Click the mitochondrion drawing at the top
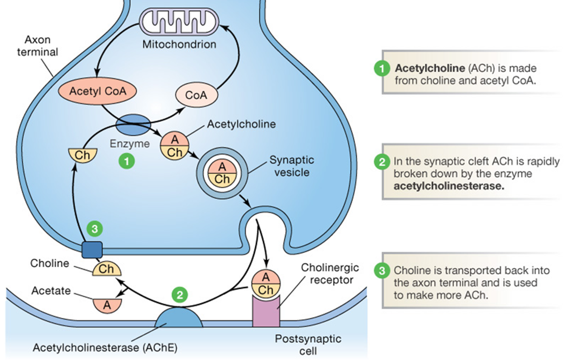point(180,23)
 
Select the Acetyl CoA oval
point(97,91)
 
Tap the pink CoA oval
point(196,95)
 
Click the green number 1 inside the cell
point(126,161)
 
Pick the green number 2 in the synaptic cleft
point(180,295)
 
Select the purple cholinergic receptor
point(266,310)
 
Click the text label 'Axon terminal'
point(38,46)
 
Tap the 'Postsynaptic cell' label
point(308,344)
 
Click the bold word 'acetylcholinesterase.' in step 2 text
point(449,187)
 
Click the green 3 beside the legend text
point(381,271)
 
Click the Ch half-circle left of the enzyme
point(82,155)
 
